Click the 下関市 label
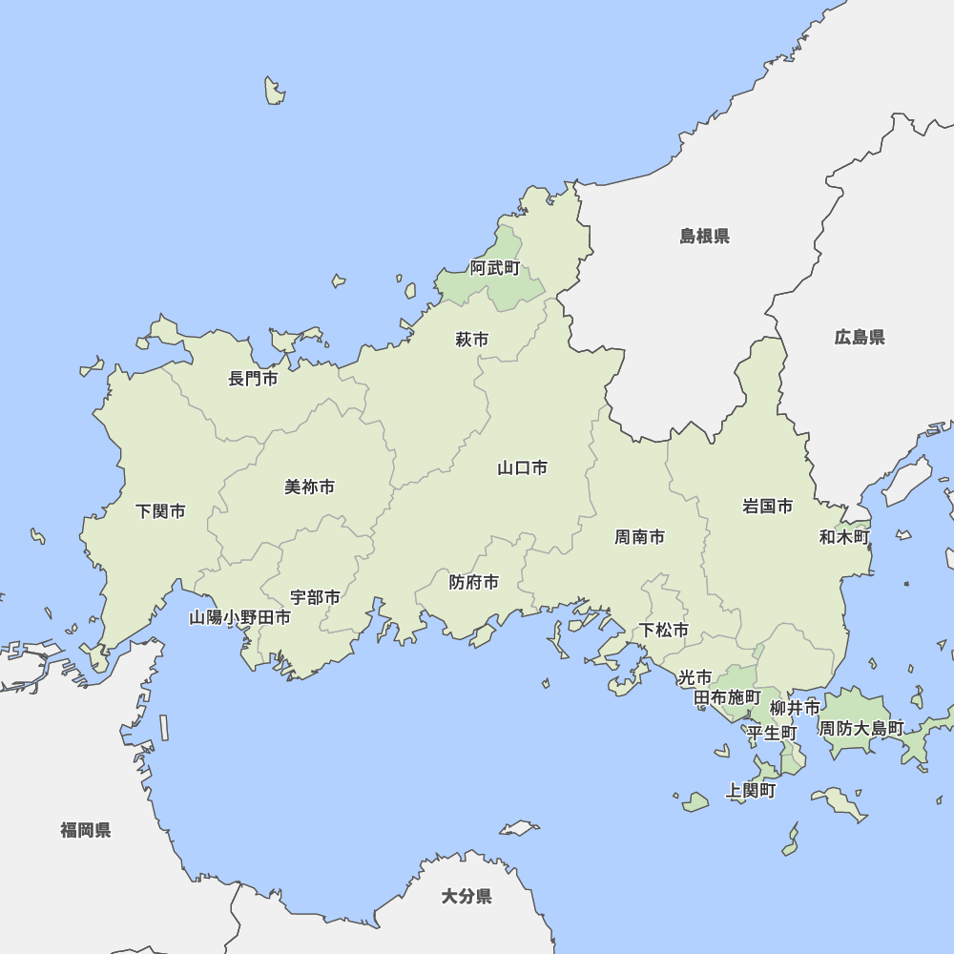[160, 511]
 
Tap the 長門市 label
[253, 379]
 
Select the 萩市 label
[471, 340]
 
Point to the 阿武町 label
[495, 268]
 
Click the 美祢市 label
[310, 487]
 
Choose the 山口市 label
[523, 467]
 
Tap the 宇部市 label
[316, 597]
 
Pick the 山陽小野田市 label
[239, 617]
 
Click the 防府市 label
[474, 582]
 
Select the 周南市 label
[639, 537]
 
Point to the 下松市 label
[664, 630]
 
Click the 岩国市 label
[768, 506]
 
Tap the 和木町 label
[844, 537]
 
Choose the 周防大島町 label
[861, 728]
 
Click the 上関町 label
[751, 791]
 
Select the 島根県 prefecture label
[705, 236]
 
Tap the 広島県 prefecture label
[860, 337]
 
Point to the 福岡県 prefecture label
[86, 830]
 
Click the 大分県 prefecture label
[467, 896]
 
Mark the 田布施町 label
[727, 697]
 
